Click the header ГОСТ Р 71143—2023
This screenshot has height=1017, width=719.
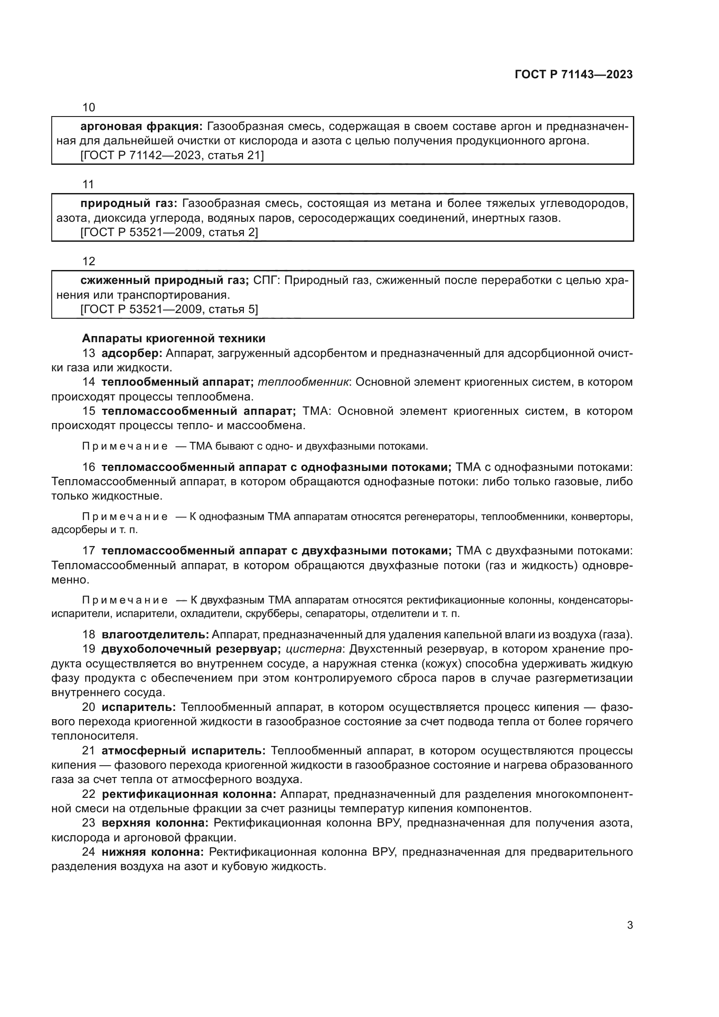[x=574, y=74]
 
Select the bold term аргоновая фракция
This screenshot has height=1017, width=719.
[x=141, y=127]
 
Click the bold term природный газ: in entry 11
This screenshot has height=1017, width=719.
[x=129, y=203]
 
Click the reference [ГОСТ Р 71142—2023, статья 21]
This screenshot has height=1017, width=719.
[x=172, y=156]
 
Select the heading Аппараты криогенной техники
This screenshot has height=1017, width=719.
[x=173, y=338]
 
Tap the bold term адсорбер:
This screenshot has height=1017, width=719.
[x=132, y=353]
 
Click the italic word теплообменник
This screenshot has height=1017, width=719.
[x=303, y=382]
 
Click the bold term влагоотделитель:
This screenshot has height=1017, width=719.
[x=155, y=634]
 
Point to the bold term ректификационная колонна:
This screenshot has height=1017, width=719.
[x=189, y=794]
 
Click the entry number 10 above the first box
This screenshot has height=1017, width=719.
[x=89, y=107]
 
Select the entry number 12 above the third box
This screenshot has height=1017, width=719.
[x=89, y=261]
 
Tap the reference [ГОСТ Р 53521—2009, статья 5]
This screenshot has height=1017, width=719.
[x=169, y=309]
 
